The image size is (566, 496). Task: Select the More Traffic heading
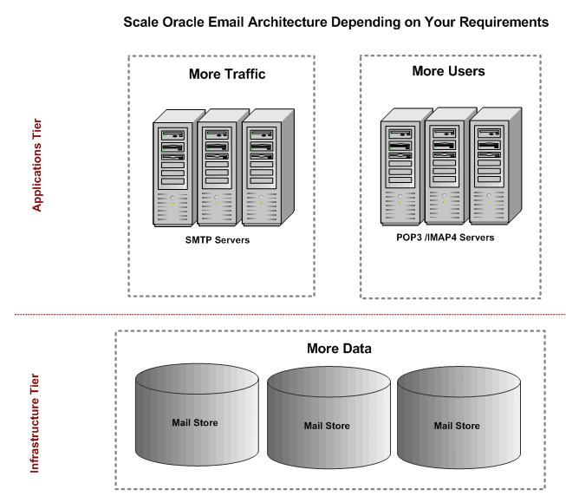226,75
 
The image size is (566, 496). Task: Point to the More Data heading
339,349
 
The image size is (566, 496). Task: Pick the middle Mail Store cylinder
327,425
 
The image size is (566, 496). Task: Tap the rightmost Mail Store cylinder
457,425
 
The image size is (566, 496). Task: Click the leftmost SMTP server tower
172,170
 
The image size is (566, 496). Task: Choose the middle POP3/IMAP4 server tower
445,169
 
